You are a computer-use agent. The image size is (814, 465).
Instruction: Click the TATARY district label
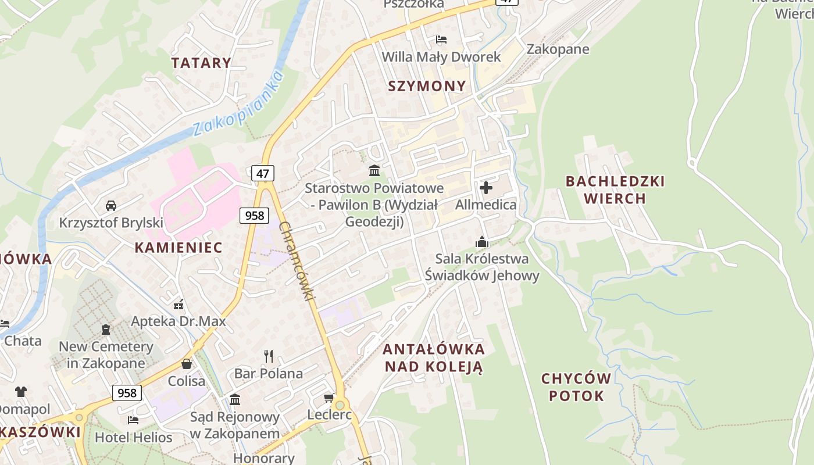[201, 63]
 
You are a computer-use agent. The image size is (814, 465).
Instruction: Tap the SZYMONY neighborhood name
[427, 86]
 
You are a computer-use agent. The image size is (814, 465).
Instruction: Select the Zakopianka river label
[238, 104]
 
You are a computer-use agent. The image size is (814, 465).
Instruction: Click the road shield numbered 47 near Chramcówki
[263, 173]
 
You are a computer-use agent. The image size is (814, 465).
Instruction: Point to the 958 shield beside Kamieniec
[254, 216]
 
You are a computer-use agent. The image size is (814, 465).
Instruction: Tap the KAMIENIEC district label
[178, 248]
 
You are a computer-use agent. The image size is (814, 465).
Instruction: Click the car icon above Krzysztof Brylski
[111, 205]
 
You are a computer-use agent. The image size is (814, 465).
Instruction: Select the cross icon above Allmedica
[486, 188]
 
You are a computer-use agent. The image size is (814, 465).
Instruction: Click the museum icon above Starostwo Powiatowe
[374, 171]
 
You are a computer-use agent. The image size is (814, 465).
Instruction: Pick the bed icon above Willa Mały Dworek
[441, 40]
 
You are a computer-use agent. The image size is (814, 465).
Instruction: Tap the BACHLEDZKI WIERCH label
[615, 190]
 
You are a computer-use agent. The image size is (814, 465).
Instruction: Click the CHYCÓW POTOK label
[576, 388]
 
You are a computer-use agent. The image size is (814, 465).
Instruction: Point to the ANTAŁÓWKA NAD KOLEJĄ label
[434, 358]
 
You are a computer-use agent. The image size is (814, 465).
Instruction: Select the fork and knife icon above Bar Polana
[269, 356]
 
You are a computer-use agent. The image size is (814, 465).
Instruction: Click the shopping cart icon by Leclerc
[329, 398]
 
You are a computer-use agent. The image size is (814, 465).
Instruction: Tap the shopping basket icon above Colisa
[187, 364]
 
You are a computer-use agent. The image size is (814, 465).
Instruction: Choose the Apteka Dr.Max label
[178, 321]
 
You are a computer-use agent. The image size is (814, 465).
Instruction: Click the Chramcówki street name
[297, 261]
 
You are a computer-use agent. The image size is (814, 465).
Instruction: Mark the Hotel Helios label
[134, 438]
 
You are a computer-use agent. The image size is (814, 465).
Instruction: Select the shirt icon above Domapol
[21, 392]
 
